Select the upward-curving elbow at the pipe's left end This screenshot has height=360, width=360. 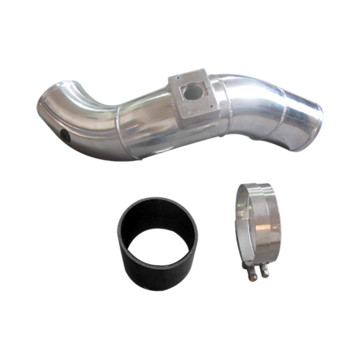pyautogui.click(x=61, y=100)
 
